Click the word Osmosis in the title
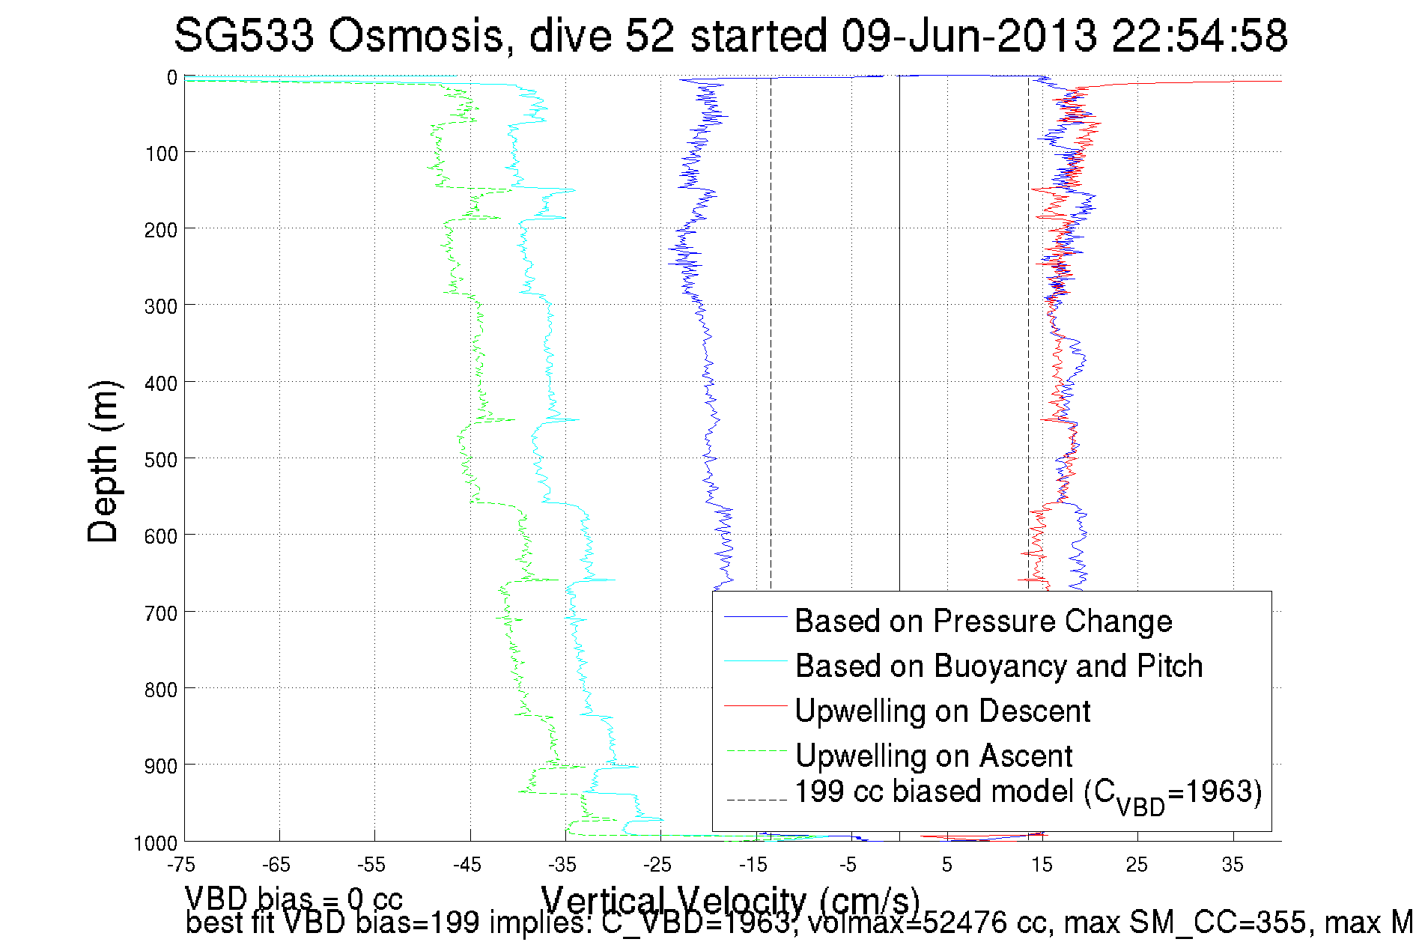(415, 36)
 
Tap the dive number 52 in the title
(650, 36)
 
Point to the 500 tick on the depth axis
(161, 460)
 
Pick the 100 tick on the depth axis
(161, 154)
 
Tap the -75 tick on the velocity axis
(181, 866)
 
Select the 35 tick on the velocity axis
(1233, 866)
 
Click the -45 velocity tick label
(467, 866)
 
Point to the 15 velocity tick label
(1042, 866)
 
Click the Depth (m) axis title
(103, 462)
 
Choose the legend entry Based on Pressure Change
(983, 622)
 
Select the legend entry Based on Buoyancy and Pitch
(998, 666)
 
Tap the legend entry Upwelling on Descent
(942, 711)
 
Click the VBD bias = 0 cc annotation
(294, 899)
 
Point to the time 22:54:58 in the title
(1200, 36)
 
